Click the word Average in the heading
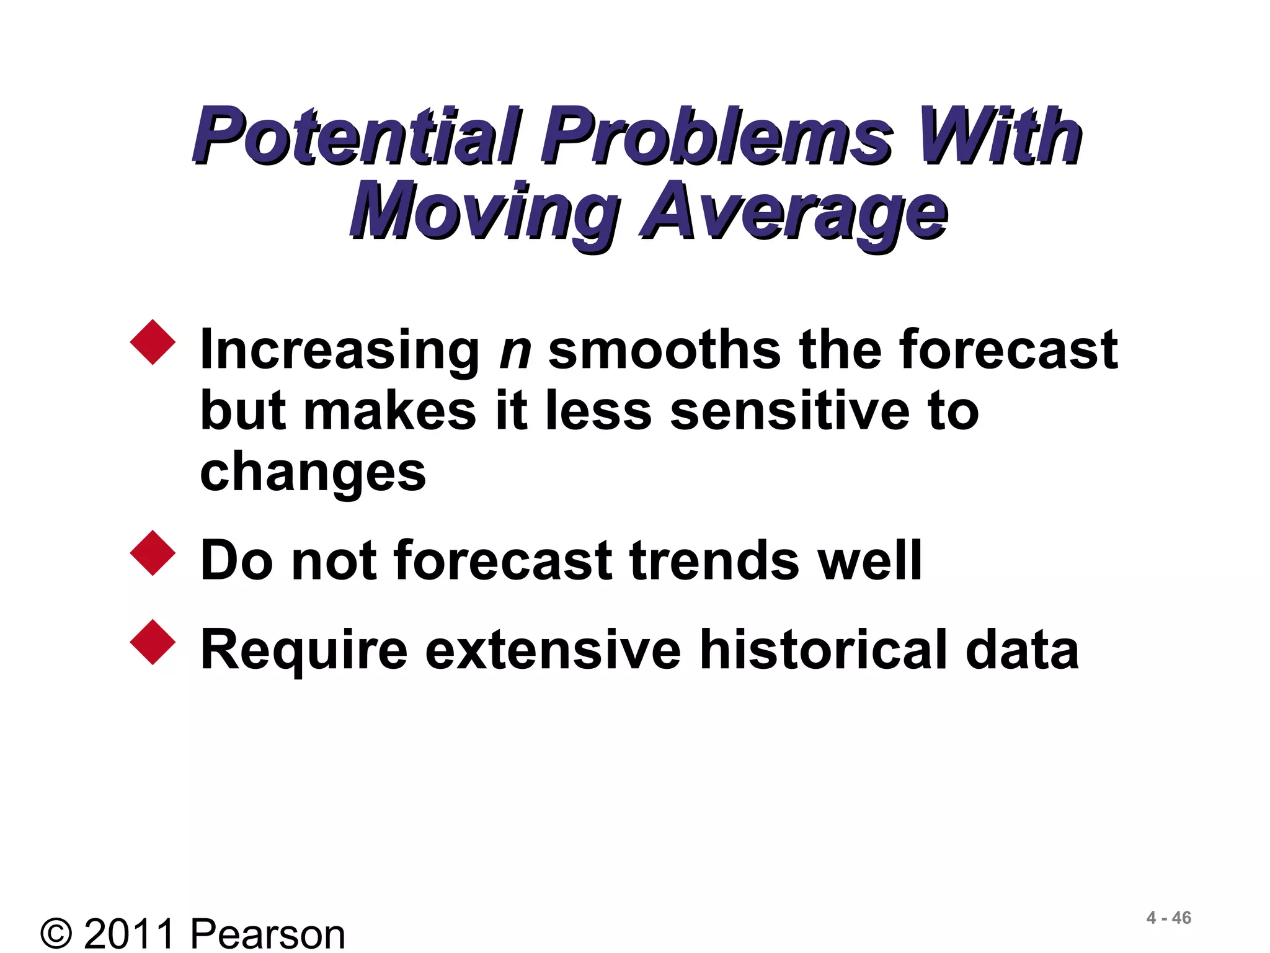pos(794,212)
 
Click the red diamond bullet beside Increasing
pos(153,342)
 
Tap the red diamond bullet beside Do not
pos(153,553)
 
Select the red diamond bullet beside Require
pos(153,642)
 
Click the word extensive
pos(553,650)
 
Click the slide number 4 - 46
pos(1168,918)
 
